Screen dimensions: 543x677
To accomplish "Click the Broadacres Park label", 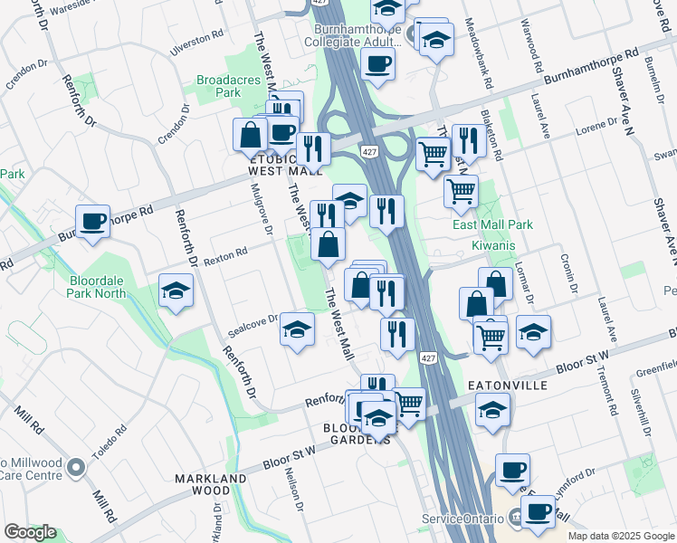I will (228, 86).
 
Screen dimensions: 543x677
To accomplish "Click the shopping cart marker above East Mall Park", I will (462, 191).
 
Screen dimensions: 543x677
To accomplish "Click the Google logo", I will (31, 532).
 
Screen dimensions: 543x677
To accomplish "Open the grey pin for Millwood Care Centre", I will (76, 469).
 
